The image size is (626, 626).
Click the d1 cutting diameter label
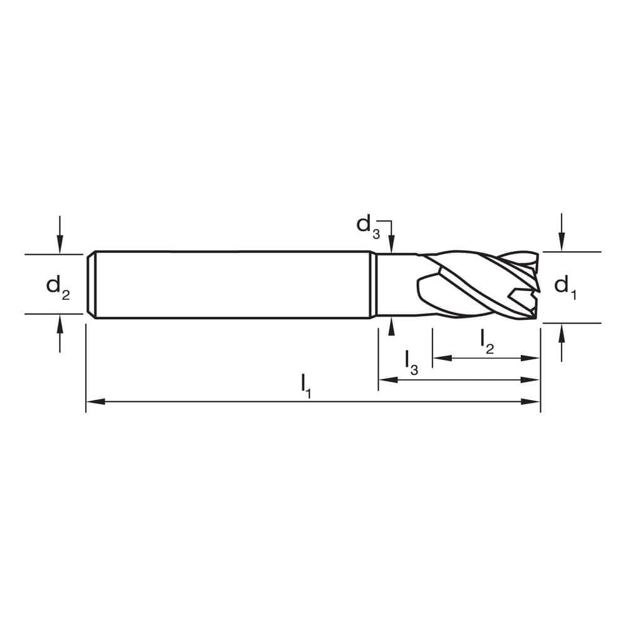565,286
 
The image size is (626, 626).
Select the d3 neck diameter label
368,225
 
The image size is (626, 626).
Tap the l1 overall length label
305,385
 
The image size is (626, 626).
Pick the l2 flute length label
487,341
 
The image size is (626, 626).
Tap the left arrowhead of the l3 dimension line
385,379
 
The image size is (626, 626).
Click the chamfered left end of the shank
91,285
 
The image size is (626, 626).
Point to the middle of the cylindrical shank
232,285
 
